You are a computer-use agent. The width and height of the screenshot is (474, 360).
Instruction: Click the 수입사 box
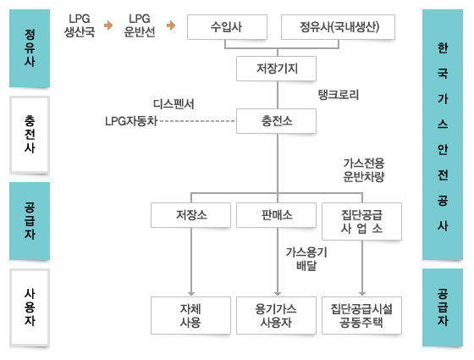[x=227, y=27]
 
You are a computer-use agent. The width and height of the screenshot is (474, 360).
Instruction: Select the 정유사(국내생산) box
[x=338, y=27]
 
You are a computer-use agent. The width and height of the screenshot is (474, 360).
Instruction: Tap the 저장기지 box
[x=276, y=69]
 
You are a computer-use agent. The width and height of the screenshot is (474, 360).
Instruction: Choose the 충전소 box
[x=276, y=121]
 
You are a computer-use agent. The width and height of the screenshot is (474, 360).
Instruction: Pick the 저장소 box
[x=190, y=215]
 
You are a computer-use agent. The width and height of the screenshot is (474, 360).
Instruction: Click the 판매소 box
[x=276, y=215]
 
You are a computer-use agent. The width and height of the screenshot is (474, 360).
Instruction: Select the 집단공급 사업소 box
[x=362, y=221]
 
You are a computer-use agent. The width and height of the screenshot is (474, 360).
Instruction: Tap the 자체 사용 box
[x=190, y=315]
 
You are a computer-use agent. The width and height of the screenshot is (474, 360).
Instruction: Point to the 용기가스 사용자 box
[x=276, y=315]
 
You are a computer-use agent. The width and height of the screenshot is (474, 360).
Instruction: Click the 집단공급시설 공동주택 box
[x=362, y=315]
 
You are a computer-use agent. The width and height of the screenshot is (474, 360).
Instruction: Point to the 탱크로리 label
[x=339, y=95]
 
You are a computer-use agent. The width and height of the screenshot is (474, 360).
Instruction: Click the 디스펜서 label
[x=174, y=103]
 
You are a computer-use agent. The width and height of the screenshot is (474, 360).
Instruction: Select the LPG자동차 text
[x=131, y=121]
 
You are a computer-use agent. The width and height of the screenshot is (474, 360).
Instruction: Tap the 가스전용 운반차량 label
[x=364, y=170]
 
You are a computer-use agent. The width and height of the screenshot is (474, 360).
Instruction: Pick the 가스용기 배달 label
[x=306, y=258]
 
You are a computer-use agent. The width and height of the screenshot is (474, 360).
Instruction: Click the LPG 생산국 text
[x=80, y=25]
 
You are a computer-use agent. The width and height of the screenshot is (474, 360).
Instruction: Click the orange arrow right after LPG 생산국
[x=108, y=25]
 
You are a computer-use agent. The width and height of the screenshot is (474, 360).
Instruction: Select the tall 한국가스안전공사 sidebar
[x=443, y=135]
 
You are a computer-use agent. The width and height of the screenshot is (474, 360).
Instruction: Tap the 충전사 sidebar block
[x=30, y=135]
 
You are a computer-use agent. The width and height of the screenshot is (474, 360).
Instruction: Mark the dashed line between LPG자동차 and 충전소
[x=197, y=121]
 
